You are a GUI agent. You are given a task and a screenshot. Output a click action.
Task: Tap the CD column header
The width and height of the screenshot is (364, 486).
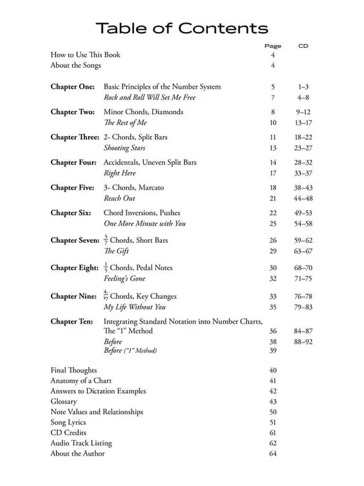(x=304, y=46)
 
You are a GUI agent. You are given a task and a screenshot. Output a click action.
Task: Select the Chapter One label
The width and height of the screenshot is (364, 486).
(x=72, y=87)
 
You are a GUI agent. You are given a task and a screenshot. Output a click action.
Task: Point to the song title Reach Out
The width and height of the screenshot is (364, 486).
(x=120, y=199)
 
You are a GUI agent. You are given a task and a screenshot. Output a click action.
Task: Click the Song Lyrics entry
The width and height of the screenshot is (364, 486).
(x=68, y=422)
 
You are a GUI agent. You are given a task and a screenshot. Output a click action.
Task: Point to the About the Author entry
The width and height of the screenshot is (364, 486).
(x=77, y=453)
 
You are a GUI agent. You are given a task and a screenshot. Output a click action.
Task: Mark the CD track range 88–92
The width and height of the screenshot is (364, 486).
(x=304, y=341)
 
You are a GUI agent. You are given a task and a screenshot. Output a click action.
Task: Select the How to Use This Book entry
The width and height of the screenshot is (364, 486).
(x=85, y=55)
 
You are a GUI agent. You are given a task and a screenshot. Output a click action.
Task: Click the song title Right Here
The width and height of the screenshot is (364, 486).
(x=120, y=174)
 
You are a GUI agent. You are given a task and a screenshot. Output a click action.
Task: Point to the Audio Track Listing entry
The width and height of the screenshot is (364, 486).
(x=81, y=443)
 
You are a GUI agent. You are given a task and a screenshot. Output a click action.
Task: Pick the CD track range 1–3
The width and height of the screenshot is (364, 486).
(x=304, y=87)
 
